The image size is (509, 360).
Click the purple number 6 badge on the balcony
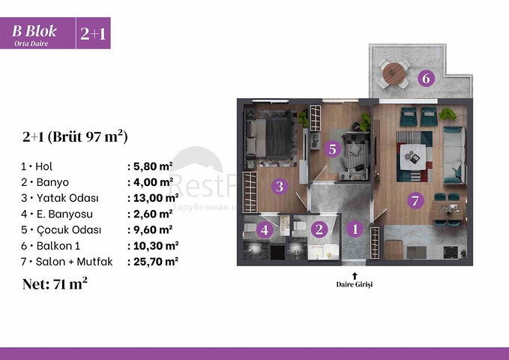tap(426, 78)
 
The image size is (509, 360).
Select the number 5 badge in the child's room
tap(334, 149)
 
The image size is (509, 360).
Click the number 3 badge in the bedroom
tap(279, 187)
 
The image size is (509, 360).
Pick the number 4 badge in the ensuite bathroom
tap(265, 230)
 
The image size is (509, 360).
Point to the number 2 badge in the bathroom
tap(319, 230)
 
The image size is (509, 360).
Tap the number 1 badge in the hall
tap(356, 230)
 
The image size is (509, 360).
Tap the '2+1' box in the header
tap(93, 34)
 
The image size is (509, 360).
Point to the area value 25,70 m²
tap(153, 261)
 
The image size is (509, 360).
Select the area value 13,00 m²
tap(153, 198)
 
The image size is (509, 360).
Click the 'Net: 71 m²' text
tap(55, 283)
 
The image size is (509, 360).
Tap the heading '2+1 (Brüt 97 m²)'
tap(75, 136)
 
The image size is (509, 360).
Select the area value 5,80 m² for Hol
tap(151, 166)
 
